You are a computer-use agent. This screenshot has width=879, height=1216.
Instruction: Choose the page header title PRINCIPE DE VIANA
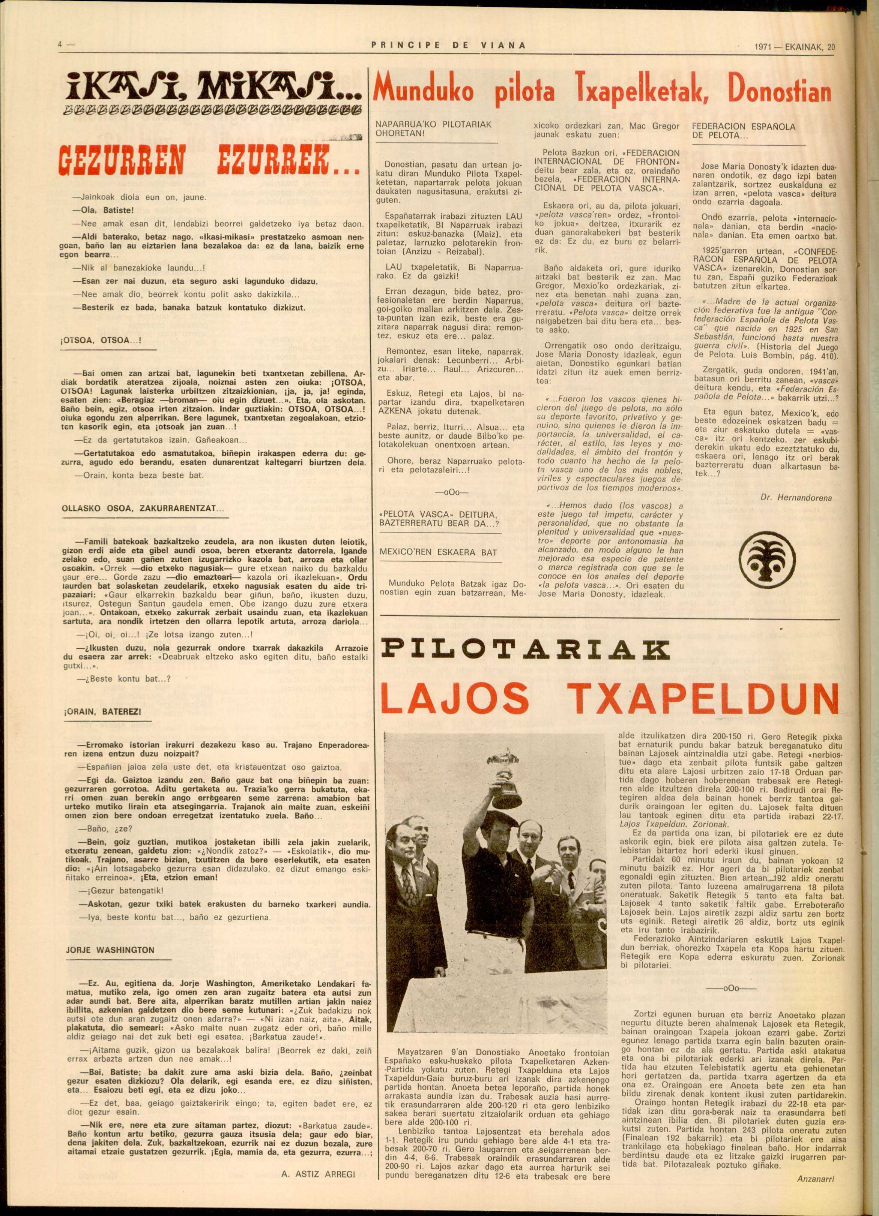pos(448,46)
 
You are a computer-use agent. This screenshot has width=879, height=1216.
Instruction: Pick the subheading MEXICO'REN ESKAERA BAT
pos(438,552)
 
